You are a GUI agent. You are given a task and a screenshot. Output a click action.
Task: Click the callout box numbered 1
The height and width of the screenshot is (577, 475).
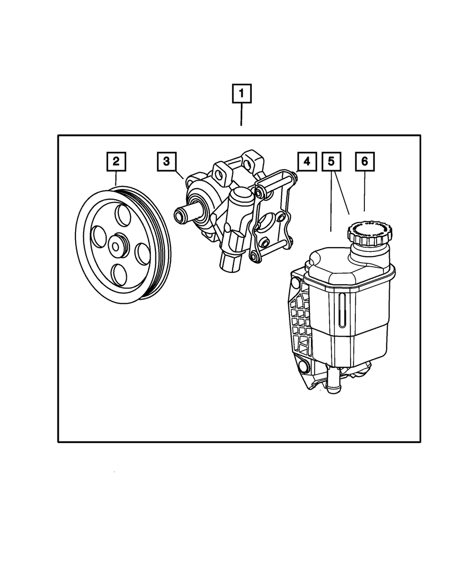pyautogui.click(x=241, y=94)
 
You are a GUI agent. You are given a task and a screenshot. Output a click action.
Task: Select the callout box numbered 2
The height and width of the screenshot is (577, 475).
pyautogui.click(x=116, y=162)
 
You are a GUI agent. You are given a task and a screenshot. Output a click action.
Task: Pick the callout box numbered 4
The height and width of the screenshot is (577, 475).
pyautogui.click(x=306, y=162)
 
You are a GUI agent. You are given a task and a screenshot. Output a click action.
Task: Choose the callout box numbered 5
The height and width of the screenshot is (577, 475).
pyautogui.click(x=331, y=162)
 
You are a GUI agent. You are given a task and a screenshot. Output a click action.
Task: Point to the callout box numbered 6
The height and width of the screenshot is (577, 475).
pyautogui.click(x=364, y=162)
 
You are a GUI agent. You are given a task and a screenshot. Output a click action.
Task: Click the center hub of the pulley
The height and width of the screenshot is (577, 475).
pyautogui.click(x=115, y=245)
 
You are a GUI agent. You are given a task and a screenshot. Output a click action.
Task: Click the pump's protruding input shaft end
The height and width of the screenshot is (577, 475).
pyautogui.click(x=180, y=216)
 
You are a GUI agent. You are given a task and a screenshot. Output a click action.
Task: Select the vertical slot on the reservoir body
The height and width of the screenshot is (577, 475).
pyautogui.click(x=341, y=311)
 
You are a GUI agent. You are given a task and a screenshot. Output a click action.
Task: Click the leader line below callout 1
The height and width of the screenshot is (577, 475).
pyautogui.click(x=241, y=115)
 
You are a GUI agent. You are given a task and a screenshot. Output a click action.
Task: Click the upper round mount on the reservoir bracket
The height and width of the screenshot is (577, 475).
pyautogui.click(x=295, y=284)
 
